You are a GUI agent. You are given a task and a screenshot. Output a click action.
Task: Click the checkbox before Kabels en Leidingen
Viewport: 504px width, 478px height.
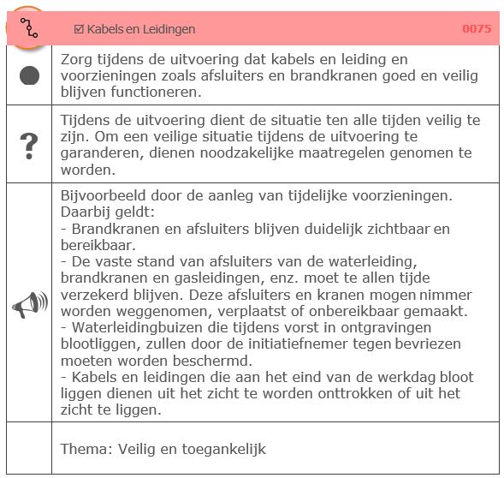click(79, 29)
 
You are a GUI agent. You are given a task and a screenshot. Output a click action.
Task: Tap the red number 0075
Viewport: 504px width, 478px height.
click(477, 29)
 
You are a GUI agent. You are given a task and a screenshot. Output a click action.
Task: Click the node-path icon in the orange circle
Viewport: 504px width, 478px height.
click(30, 28)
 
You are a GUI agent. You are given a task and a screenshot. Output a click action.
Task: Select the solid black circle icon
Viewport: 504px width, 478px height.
click(29, 75)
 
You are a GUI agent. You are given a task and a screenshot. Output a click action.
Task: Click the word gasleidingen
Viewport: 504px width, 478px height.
click(197, 278)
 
